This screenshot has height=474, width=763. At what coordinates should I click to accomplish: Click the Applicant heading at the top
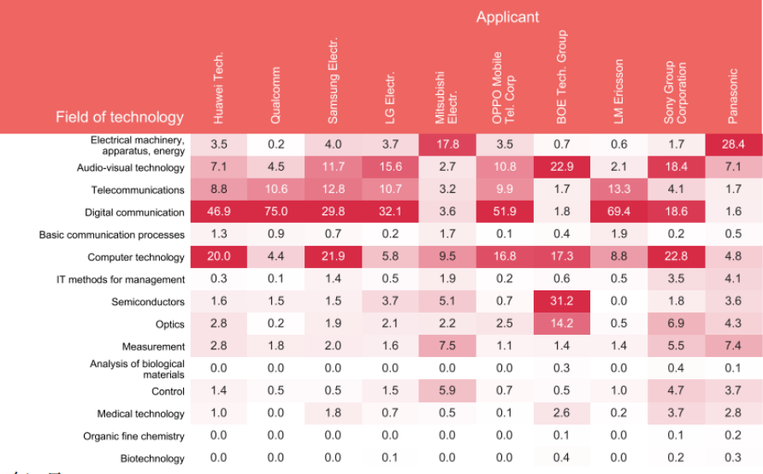click(x=507, y=17)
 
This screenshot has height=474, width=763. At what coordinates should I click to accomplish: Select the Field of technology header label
click(x=120, y=117)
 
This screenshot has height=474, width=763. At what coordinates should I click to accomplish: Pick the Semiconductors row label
click(x=148, y=301)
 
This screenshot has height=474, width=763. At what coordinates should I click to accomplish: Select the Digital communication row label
click(x=134, y=213)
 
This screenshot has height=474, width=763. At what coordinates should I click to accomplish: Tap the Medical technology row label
click(x=141, y=413)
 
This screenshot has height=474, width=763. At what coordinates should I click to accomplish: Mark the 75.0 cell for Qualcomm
click(x=275, y=213)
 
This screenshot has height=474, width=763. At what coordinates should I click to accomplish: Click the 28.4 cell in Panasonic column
click(x=732, y=145)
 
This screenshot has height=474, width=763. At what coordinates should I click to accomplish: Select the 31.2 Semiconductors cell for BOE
click(x=561, y=301)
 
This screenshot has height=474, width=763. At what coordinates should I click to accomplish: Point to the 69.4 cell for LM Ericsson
click(x=618, y=213)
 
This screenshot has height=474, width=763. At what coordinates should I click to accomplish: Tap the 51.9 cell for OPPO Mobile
click(x=504, y=213)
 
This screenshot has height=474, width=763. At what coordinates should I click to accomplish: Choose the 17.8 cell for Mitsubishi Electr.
click(x=447, y=145)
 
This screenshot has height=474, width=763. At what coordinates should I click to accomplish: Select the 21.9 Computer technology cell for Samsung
click(x=333, y=257)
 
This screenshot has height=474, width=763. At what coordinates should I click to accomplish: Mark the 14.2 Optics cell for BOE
click(x=561, y=324)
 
